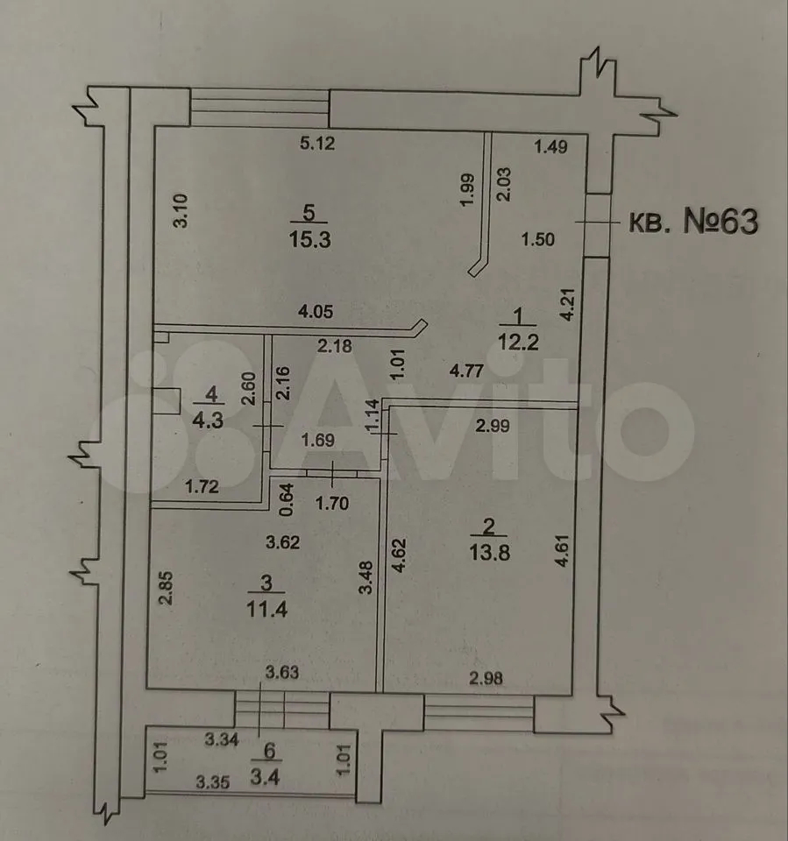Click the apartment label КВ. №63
coord(692,223)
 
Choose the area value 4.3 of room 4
coord(208,420)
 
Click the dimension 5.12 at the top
coord(319,145)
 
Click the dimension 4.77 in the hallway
coord(469,371)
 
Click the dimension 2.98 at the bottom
coord(488,676)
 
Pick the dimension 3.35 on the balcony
coord(212,783)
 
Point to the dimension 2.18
coord(334,346)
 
